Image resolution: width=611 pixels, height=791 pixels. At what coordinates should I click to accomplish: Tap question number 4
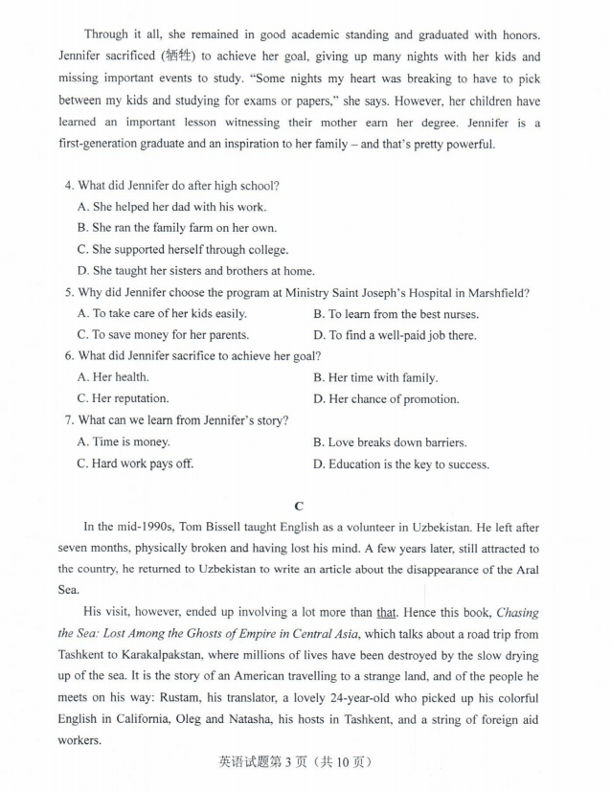pos(68,185)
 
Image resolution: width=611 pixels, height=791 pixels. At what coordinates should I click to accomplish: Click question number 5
pos(68,292)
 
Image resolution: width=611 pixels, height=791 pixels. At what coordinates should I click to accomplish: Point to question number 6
pos(68,355)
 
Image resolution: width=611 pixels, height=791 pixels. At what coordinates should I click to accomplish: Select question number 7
pos(68,420)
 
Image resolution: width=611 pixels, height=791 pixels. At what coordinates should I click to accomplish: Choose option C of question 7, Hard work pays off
pos(135,463)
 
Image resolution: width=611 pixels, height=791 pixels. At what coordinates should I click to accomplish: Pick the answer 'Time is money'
pos(124,441)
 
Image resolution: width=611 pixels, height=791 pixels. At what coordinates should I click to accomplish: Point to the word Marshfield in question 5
pos(497,292)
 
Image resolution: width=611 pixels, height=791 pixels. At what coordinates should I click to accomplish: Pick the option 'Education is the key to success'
pos(401,464)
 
